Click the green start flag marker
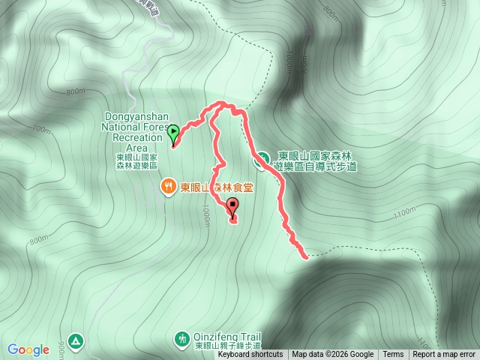pyautogui.click(x=174, y=133)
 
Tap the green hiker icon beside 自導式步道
pyautogui.click(x=263, y=159)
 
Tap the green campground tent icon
pyautogui.click(x=76, y=341)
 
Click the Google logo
pyautogui.click(x=28, y=349)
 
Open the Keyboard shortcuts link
pyautogui.click(x=250, y=355)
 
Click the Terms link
pyautogui.click(x=393, y=355)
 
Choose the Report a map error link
pyautogui.click(x=444, y=355)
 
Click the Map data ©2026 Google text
pyautogui.click(x=332, y=355)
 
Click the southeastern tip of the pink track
pyautogui.click(x=306, y=257)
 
